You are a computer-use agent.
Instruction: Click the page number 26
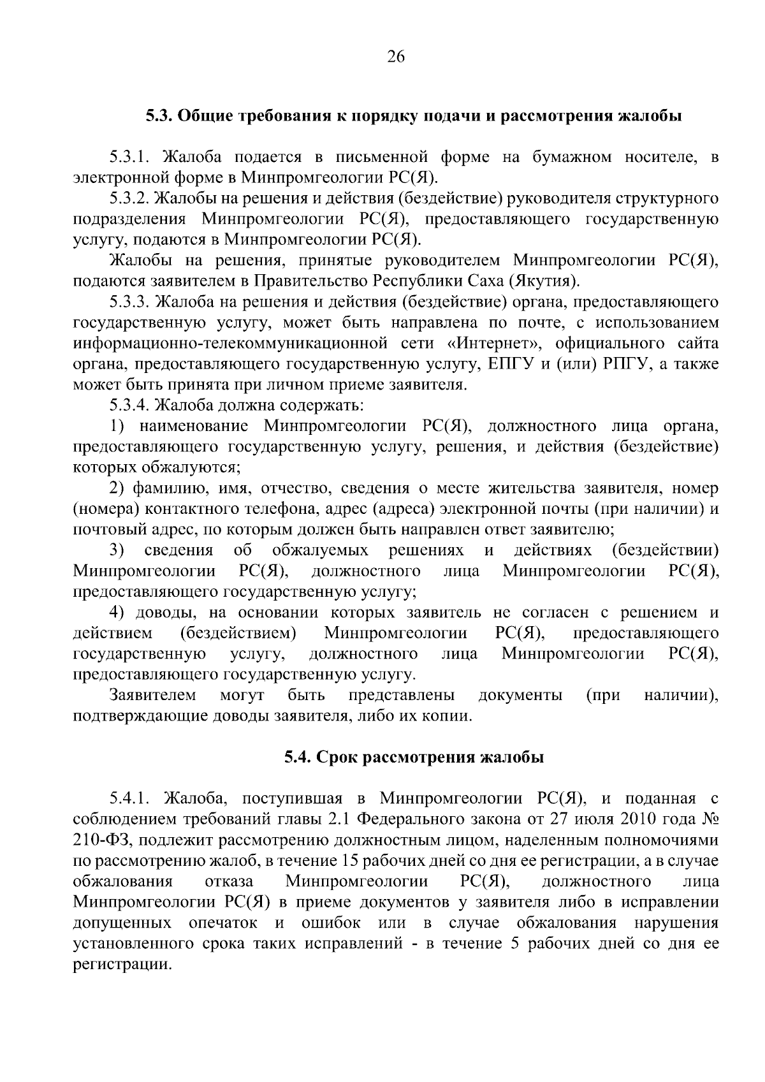(x=395, y=57)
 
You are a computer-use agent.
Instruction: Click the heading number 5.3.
(x=158, y=116)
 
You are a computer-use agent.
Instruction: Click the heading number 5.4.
(x=298, y=757)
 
